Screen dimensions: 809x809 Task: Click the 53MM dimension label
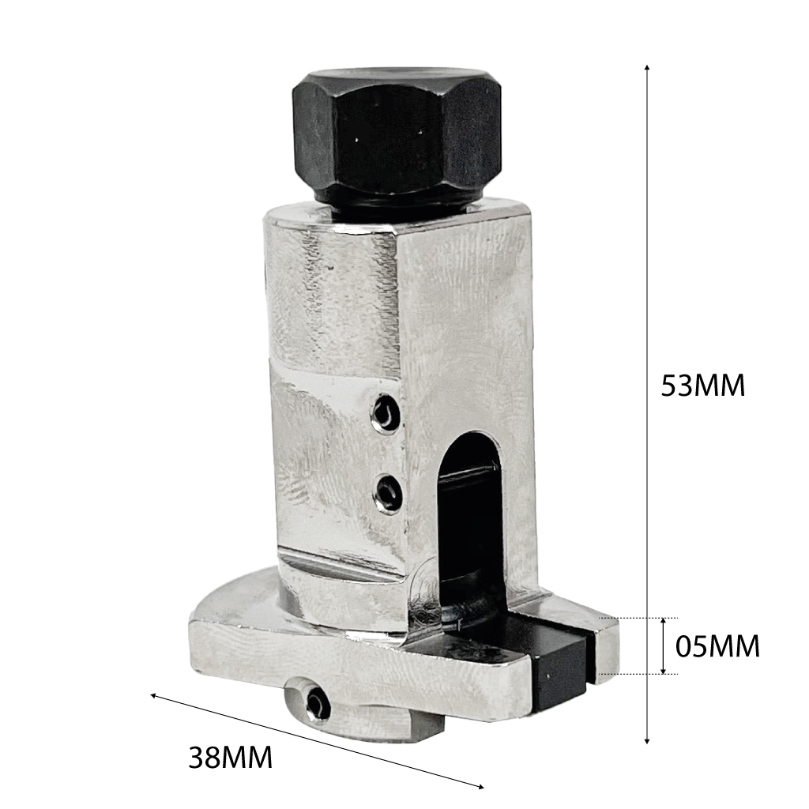[703, 385]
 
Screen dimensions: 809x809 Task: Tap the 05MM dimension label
[717, 646]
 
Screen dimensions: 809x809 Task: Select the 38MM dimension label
[230, 758]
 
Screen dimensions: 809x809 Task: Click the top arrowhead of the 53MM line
[647, 68]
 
